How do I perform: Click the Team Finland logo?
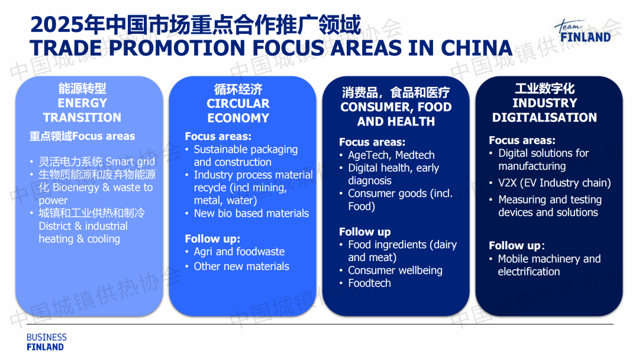[x=583, y=31]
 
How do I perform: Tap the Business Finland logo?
[x=47, y=342]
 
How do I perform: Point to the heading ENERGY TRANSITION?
[x=82, y=110]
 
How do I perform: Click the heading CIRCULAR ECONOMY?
[x=238, y=111]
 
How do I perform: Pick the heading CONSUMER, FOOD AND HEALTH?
[x=396, y=114]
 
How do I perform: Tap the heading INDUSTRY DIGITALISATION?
[x=544, y=110]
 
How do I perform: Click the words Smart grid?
[x=130, y=162]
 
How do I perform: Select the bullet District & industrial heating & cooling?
[x=92, y=226]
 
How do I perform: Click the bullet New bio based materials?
[x=251, y=213]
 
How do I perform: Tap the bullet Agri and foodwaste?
[x=239, y=252]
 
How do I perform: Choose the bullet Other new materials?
[x=241, y=266]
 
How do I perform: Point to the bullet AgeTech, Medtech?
[x=391, y=155]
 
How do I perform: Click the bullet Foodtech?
[x=369, y=283]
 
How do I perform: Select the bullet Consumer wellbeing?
[x=395, y=271]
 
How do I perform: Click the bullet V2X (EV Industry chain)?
[x=554, y=182]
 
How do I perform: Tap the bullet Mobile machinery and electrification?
[x=549, y=265]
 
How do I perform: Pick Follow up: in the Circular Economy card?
[x=212, y=239]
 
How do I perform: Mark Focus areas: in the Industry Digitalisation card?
[x=522, y=140]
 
